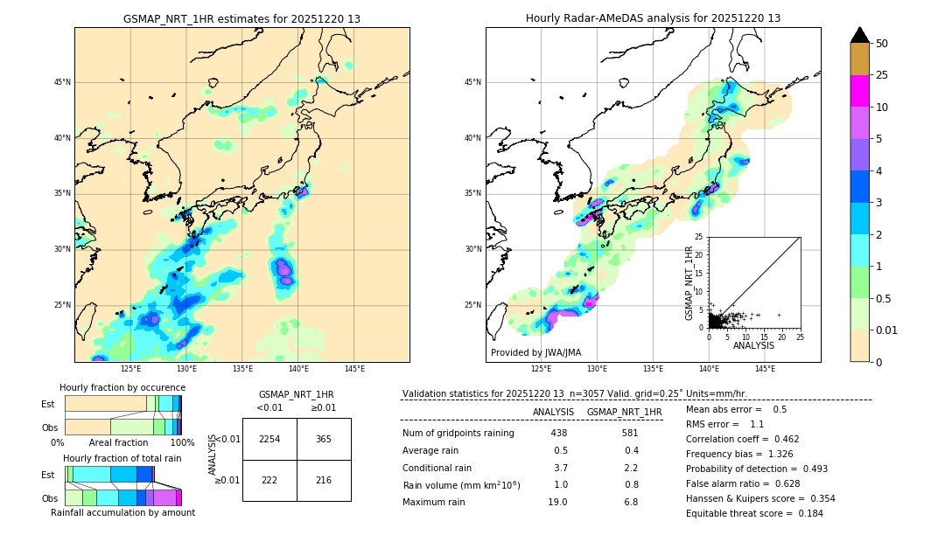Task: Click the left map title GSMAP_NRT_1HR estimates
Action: pyautogui.click(x=241, y=18)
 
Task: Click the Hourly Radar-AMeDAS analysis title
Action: pyautogui.click(x=653, y=18)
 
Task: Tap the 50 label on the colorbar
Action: pyautogui.click(x=882, y=44)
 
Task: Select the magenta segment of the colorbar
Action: pyautogui.click(x=859, y=91)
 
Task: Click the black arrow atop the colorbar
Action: pyautogui.click(x=859, y=35)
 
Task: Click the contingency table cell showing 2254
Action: pyautogui.click(x=269, y=439)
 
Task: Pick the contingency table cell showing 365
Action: pyautogui.click(x=324, y=439)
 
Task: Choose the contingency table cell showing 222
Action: pyautogui.click(x=269, y=481)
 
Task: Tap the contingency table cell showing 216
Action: pyautogui.click(x=324, y=481)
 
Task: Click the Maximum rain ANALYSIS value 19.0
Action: pyautogui.click(x=559, y=502)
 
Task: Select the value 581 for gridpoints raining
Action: pyautogui.click(x=630, y=433)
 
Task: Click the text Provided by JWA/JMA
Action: pyautogui.click(x=535, y=352)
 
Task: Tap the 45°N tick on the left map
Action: pyautogui.click(x=61, y=82)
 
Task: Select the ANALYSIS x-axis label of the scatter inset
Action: pyautogui.click(x=752, y=345)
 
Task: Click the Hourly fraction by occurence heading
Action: pyautogui.click(x=122, y=387)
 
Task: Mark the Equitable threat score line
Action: pyautogui.click(x=754, y=513)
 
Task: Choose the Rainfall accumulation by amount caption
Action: pyautogui.click(x=122, y=512)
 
